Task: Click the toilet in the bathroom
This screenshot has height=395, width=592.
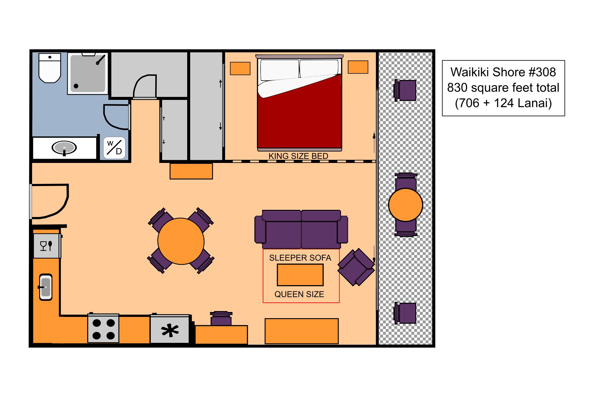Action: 50,69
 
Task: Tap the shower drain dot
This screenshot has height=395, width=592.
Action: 76,86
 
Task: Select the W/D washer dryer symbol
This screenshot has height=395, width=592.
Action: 114,148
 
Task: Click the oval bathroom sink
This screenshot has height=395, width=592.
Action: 64,148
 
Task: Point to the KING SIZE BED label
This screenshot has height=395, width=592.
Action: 298,156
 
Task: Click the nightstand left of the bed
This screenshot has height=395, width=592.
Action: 240,69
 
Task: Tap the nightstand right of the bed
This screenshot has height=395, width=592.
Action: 358,67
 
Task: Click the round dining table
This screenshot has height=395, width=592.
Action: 181,241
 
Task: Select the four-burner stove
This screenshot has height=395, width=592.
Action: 103,329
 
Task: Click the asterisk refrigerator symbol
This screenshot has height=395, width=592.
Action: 170,331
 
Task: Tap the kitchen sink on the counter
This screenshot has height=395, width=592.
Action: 46,287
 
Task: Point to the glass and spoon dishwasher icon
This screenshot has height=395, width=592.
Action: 46,246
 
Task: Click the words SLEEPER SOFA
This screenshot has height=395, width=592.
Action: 300,258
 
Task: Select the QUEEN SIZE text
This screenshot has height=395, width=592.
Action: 299,294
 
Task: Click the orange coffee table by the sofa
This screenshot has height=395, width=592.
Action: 300,275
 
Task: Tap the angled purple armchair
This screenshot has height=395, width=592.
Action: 356,267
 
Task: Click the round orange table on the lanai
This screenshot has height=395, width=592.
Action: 405,205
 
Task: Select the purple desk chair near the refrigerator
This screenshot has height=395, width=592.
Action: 221,319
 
